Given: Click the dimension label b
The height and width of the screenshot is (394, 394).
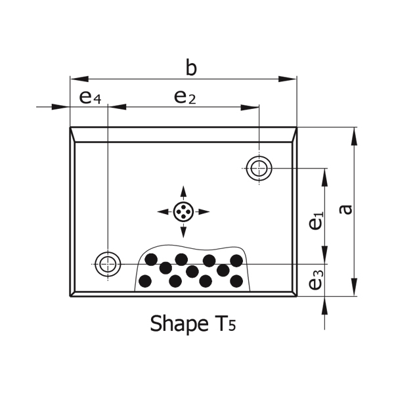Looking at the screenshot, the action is [191, 67].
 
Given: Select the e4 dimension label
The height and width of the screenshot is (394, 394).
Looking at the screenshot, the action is [90, 97].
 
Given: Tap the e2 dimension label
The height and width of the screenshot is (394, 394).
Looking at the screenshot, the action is [185, 97].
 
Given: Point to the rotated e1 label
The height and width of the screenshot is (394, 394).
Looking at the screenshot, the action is [316, 221].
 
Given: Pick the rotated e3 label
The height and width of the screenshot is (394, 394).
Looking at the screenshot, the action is [316, 280].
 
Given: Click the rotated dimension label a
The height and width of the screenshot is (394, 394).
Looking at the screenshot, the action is [345, 210].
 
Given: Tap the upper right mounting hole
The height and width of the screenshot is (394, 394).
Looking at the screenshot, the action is [259, 168].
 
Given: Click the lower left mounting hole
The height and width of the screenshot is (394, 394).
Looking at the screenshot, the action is [108, 265].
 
